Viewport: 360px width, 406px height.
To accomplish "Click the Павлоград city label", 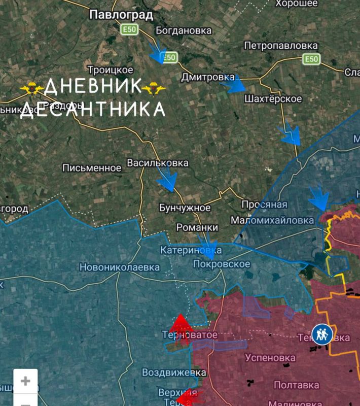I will pyautogui.click(x=121, y=15).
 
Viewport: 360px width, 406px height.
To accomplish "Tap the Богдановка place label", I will pyautogui.click(x=184, y=30).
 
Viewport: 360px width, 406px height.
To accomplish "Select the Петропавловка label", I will pyautogui.click(x=281, y=46).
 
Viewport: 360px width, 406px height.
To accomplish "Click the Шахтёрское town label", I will pyautogui.click(x=273, y=99).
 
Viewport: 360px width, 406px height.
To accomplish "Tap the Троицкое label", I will pyautogui.click(x=111, y=70).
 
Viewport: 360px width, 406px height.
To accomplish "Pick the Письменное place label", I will pyautogui.click(x=92, y=168).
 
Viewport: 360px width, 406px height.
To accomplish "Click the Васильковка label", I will pyautogui.click(x=158, y=163).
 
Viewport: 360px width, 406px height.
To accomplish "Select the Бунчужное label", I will pyautogui.click(x=185, y=208).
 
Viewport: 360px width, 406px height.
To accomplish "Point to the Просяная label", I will pyautogui.click(x=264, y=205).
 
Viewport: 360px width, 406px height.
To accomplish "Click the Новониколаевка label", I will pyautogui.click(x=120, y=267).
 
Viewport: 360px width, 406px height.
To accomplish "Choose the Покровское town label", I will pyautogui.click(x=222, y=264).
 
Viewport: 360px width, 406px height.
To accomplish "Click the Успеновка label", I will pyautogui.click(x=270, y=357).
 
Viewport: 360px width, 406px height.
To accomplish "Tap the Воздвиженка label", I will pyautogui.click(x=170, y=372).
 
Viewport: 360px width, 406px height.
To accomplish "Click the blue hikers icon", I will pyautogui.click(x=322, y=334).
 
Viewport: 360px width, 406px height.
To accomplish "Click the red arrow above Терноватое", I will pyautogui.click(x=180, y=323).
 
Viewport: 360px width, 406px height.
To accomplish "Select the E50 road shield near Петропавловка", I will pyautogui.click(x=311, y=59).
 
